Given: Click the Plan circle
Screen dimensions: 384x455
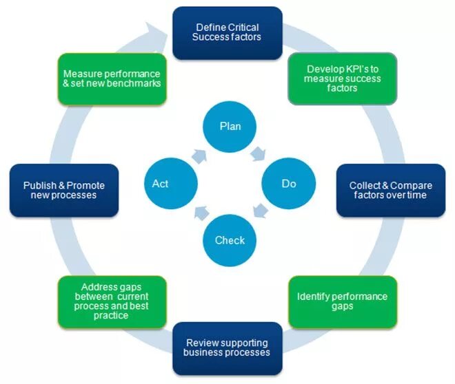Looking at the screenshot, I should tap(230, 126).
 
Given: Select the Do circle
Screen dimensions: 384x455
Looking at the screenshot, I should tap(289, 184).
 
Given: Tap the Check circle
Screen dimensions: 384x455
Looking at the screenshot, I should tap(230, 240).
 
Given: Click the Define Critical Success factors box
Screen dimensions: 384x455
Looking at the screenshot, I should tap(228, 32).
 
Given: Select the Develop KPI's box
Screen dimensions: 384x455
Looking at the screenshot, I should tap(342, 78).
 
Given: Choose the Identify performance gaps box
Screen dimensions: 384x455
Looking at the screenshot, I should tap(342, 301).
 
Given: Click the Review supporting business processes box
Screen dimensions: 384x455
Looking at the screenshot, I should tap(227, 348).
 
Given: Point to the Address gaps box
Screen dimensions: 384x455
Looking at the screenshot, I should tap(112, 301).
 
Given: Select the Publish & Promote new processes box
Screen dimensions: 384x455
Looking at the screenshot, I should tap(64, 191).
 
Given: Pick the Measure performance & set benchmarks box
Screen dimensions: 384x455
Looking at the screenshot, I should tap(112, 78).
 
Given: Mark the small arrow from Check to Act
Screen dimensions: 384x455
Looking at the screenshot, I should tap(201, 213).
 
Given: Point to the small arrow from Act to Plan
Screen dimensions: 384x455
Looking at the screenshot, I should tap(201, 154).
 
